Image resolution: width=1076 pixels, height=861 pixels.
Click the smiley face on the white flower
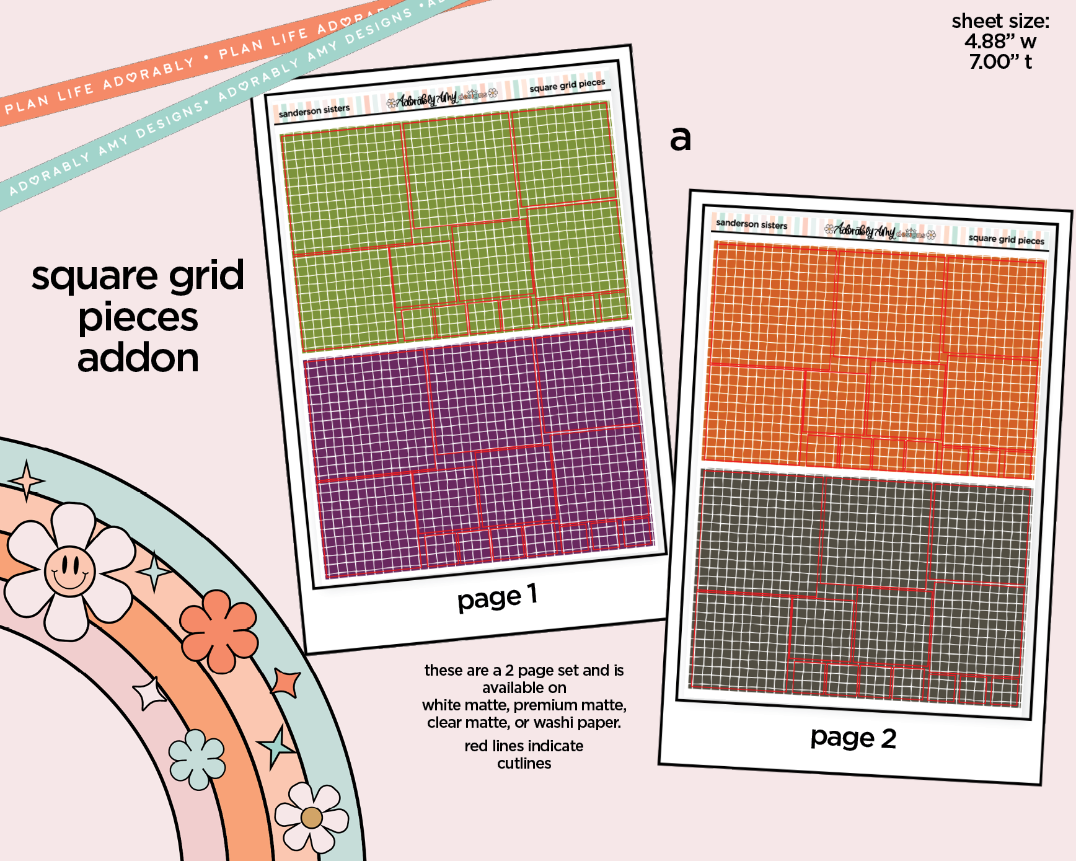(69, 570)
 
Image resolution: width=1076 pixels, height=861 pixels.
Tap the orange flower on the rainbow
(219, 630)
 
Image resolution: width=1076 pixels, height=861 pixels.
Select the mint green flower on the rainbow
(197, 759)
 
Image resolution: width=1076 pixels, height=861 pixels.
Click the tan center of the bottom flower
(311, 818)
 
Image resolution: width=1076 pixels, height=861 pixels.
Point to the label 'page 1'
(497, 597)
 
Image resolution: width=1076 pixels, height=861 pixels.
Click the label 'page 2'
(853, 738)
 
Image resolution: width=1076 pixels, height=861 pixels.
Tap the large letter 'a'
(680, 138)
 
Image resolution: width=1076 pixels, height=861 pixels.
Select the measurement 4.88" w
(1000, 42)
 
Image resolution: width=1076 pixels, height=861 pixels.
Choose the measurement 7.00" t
(1000, 62)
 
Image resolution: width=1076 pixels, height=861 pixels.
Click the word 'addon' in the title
(138, 358)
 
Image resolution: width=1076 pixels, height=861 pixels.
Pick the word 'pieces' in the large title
(138, 317)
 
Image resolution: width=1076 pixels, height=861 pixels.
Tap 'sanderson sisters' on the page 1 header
(314, 111)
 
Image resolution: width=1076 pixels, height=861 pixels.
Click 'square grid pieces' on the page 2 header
(1006, 239)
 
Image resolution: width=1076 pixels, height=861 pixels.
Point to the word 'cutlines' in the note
(524, 763)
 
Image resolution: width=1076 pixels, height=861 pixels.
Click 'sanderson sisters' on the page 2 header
(751, 224)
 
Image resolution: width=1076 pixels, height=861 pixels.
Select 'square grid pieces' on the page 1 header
(567, 85)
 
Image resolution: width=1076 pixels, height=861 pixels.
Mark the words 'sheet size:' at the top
(1000, 21)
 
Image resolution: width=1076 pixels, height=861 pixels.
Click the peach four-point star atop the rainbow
(26, 481)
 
